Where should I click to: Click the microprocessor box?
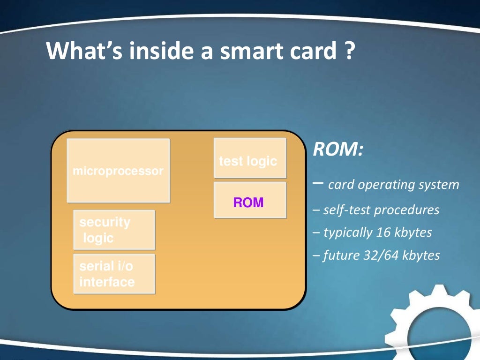pyautogui.click(x=118, y=171)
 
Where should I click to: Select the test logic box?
pyautogui.click(x=250, y=158)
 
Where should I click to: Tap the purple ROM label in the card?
pyautogui.click(x=248, y=202)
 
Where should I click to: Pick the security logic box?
pyautogui.click(x=114, y=230)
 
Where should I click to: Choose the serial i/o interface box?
pyautogui.click(x=114, y=274)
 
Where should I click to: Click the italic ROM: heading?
pyautogui.click(x=338, y=150)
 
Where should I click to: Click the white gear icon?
pyautogui.click(x=434, y=323)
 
